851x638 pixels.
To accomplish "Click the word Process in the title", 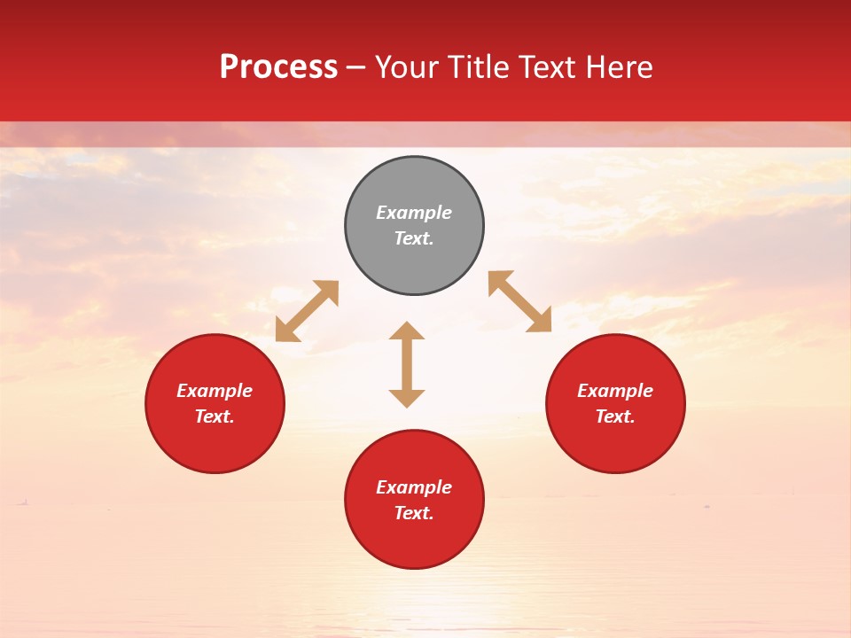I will tap(278, 67).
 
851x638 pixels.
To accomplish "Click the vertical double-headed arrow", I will tap(407, 364).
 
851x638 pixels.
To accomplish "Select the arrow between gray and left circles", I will tap(307, 311).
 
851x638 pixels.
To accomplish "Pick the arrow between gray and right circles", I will tap(519, 301).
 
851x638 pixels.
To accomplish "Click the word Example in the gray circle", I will tap(414, 213).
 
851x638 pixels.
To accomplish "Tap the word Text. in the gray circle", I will tap(414, 238).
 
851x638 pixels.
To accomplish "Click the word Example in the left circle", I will tap(215, 391).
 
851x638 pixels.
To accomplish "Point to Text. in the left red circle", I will tap(215, 416).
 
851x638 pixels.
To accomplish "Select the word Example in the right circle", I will tap(615, 391).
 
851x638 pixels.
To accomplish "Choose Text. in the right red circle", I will tap(615, 416).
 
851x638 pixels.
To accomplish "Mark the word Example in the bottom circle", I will tap(414, 487).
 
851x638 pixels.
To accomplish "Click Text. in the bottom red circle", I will tap(414, 513).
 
